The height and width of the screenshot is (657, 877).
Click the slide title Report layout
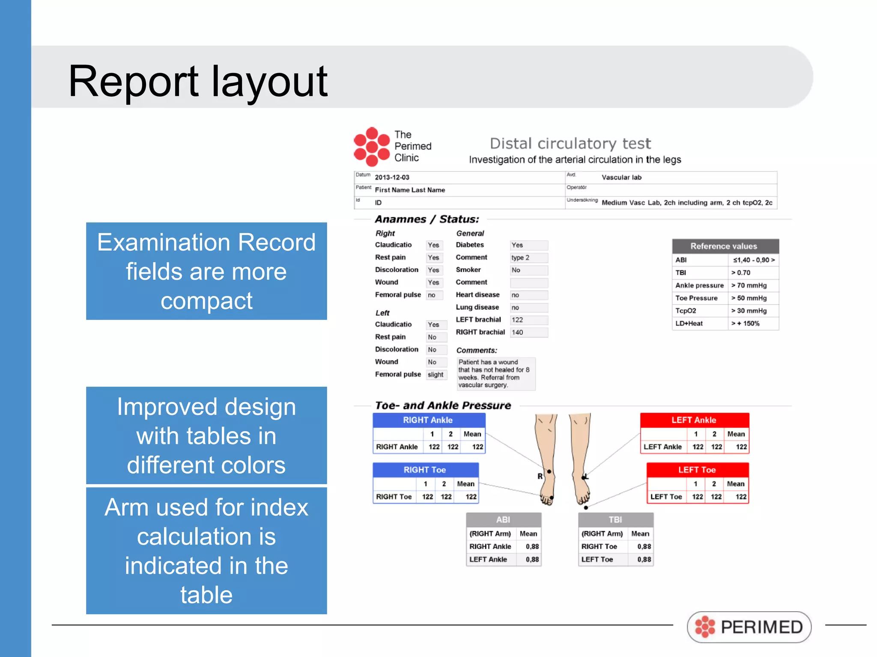(198, 81)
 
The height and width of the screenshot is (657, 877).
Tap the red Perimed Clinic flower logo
(372, 147)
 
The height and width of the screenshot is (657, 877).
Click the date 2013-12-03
(392, 177)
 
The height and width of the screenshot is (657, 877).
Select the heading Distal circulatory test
(570, 143)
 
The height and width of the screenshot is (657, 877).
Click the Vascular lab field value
(621, 177)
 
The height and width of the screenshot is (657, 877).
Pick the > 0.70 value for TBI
(741, 272)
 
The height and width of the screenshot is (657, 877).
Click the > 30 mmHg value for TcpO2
(749, 311)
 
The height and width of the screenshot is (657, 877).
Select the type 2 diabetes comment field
(528, 257)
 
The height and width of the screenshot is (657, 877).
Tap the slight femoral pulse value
(436, 375)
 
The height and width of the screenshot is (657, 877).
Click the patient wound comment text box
(495, 373)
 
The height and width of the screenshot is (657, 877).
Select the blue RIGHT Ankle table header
(428, 420)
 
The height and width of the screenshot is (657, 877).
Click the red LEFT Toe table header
(697, 470)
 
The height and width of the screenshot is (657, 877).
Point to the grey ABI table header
(503, 520)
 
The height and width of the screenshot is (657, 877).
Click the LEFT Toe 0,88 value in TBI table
(644, 559)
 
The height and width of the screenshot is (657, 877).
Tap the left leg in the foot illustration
(581, 458)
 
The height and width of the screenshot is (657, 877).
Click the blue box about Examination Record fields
(206, 271)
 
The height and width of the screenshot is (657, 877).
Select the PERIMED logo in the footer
(749, 627)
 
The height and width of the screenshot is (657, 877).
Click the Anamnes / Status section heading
(427, 219)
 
